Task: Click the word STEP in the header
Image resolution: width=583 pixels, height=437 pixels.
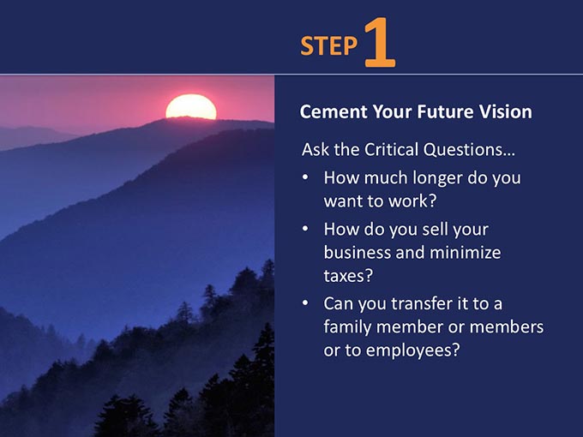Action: coord(328,45)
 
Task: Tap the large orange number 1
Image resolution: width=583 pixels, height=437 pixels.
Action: coord(379,42)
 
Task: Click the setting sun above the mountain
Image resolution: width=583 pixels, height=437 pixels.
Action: coord(191,106)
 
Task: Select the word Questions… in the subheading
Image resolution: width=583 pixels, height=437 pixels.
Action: coord(469,150)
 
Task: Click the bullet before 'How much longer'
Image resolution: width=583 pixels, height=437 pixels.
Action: coord(305,177)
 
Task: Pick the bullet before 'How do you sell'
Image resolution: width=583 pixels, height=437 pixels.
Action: coord(305,228)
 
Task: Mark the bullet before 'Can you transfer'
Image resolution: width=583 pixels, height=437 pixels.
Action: coord(305,302)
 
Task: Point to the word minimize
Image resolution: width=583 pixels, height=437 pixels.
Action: coord(466,252)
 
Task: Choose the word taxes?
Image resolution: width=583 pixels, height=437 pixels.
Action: coord(348,276)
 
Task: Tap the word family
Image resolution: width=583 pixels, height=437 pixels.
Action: coord(347,327)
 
